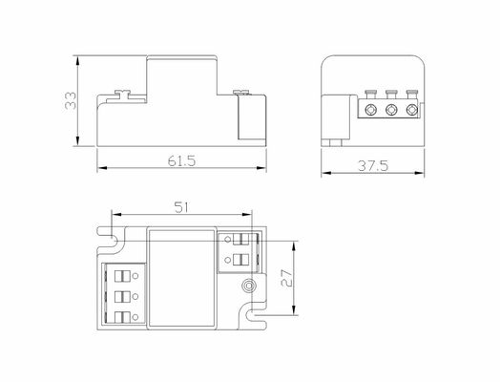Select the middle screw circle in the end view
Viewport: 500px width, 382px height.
coord(392,110)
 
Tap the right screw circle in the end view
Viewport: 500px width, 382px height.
coord(411,110)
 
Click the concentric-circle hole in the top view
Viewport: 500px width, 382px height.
coord(249,286)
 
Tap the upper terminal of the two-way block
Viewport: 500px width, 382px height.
coord(240,240)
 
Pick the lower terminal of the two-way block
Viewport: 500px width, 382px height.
coord(240,259)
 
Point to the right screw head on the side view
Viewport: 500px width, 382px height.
coord(240,92)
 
